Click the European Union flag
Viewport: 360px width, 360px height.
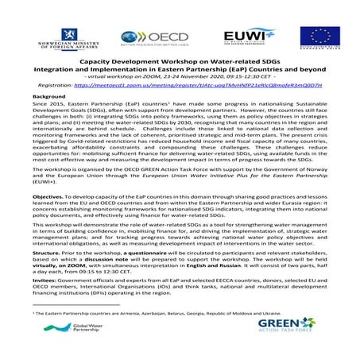click(x=319, y=37)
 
